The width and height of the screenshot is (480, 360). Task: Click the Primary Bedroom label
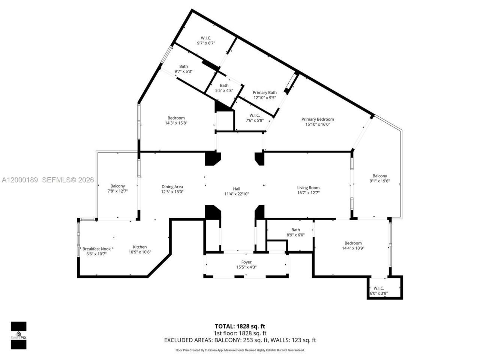click(x=317, y=120)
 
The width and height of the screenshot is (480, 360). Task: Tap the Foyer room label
click(x=246, y=262)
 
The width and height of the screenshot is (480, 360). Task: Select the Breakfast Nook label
click(x=96, y=249)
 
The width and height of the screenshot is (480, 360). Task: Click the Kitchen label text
click(x=140, y=247)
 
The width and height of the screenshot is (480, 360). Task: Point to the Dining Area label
click(x=172, y=187)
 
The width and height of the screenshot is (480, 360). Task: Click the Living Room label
click(x=308, y=188)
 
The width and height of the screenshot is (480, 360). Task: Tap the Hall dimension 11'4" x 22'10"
click(x=237, y=194)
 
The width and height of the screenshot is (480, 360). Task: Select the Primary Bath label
click(x=265, y=93)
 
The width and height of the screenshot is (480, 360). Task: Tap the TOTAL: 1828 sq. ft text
click(x=240, y=326)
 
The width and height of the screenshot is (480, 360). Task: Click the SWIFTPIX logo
click(x=18, y=335)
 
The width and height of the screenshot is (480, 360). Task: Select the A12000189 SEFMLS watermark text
click(x=48, y=180)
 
